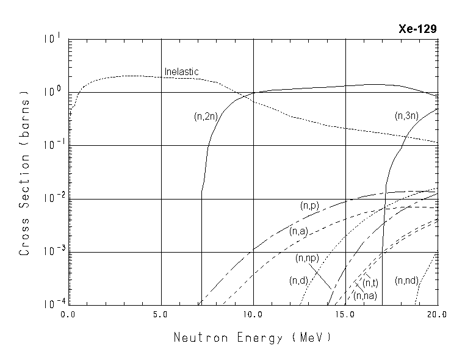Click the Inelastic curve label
[182, 72]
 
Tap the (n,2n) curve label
[205, 117]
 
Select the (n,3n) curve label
[406, 115]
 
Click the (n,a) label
[299, 231]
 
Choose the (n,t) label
[370, 283]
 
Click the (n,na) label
[365, 296]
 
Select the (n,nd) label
[406, 281]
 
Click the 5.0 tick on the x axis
[161, 315]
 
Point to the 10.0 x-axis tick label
[253, 315]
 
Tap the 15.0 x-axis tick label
[345, 315]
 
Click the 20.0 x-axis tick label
[437, 315]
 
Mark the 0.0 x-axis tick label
[68, 315]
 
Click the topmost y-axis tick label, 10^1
[53, 38]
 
